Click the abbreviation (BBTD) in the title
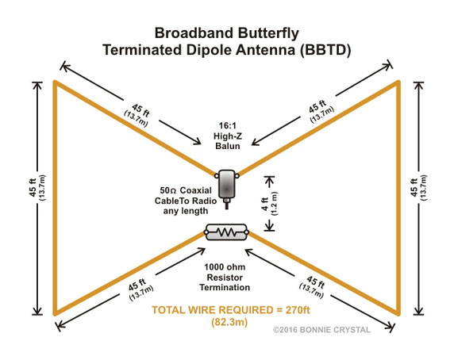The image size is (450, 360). point(325,50)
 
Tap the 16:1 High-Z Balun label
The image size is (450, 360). point(228,136)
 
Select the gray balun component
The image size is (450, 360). point(227,184)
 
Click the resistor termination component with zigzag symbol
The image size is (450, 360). point(227,232)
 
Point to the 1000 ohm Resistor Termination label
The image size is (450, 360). point(225,278)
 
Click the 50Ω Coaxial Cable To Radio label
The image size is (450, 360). point(186,201)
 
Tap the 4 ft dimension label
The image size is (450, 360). point(265,204)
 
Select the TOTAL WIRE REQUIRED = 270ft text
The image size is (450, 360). point(231,310)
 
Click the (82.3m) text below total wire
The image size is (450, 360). point(229,323)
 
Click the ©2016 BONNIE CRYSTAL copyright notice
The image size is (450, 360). point(321,330)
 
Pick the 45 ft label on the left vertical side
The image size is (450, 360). point(33,188)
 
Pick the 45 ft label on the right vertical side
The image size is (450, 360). point(414,187)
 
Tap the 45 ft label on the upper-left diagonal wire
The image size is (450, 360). point(140,110)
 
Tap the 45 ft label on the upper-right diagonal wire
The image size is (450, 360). point(317,106)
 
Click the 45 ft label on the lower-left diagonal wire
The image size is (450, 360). point(137,285)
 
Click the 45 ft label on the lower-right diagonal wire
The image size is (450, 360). point(316,282)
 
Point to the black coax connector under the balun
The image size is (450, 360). point(227,203)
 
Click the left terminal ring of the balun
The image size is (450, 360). point(216,175)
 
